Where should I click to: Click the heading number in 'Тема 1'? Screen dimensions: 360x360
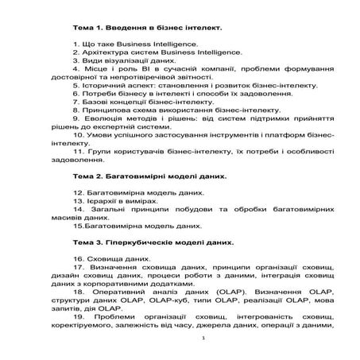pos(99,27)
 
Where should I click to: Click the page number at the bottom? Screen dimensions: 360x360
pos(204,339)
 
